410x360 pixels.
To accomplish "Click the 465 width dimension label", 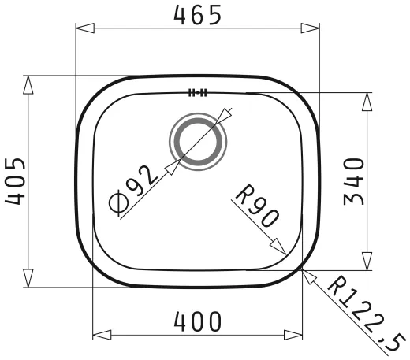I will pyautogui.click(x=196, y=14).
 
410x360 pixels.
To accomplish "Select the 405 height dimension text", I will pyautogui.click(x=15, y=181).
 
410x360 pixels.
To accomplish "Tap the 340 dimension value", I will pyautogui.click(x=354, y=181).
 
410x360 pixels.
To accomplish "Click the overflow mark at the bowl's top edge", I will pyautogui.click(x=197, y=92).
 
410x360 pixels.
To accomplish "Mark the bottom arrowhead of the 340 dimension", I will pyautogui.click(x=367, y=261).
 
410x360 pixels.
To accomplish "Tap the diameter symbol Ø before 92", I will pyautogui.click(x=117, y=204).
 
